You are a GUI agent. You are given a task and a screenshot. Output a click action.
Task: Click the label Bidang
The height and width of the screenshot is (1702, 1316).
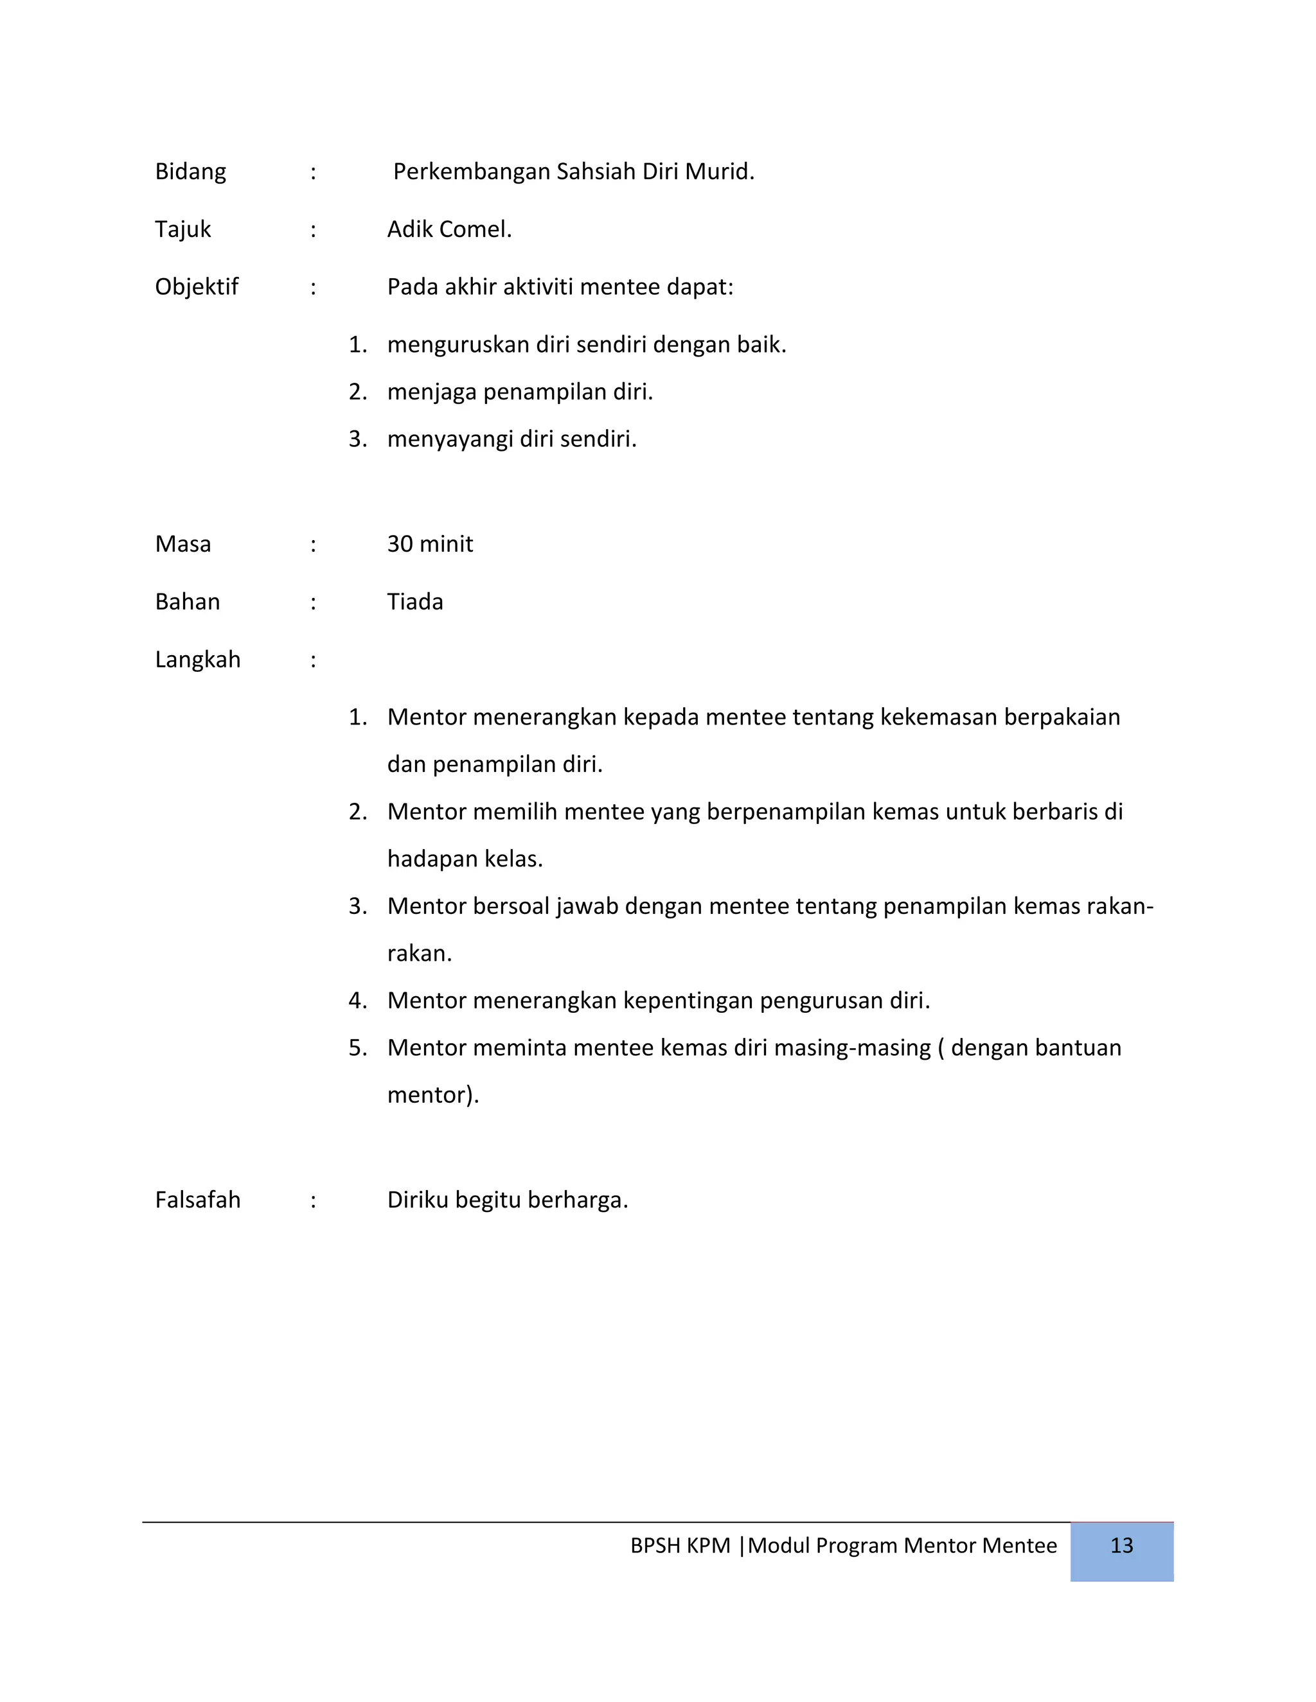tap(190, 171)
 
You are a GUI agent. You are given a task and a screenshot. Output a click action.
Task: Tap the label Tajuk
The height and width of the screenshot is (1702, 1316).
tap(182, 229)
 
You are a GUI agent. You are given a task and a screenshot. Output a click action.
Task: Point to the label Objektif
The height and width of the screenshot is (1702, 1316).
tap(197, 287)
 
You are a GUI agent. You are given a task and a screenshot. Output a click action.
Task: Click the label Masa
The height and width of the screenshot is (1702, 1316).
tap(182, 544)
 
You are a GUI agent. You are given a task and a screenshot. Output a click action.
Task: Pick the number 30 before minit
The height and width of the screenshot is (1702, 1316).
tap(400, 544)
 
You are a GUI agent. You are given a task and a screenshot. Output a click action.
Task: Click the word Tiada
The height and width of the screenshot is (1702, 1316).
tap(414, 602)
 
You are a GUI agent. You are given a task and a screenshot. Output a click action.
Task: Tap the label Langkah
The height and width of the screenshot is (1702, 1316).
tap(197, 660)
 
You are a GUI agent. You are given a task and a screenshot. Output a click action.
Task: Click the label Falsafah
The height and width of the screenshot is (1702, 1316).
tap(197, 1200)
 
